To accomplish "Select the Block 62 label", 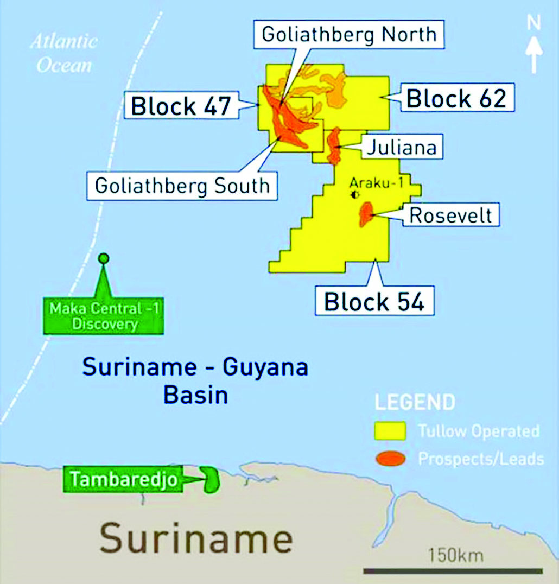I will click(456, 99).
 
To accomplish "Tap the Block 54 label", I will click(374, 302).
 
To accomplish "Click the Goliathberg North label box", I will click(349, 34).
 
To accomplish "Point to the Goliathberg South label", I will click(182, 186).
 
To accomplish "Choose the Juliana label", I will click(401, 147).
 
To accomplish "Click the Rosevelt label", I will click(450, 215).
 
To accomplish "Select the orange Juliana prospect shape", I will click(333, 145).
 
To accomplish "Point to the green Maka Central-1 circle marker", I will click(103, 258).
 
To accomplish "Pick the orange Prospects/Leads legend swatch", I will click(391, 459).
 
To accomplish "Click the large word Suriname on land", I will click(196, 538).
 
